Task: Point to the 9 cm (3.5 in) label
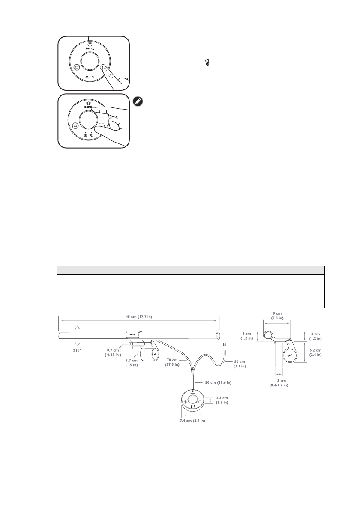[277, 316]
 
